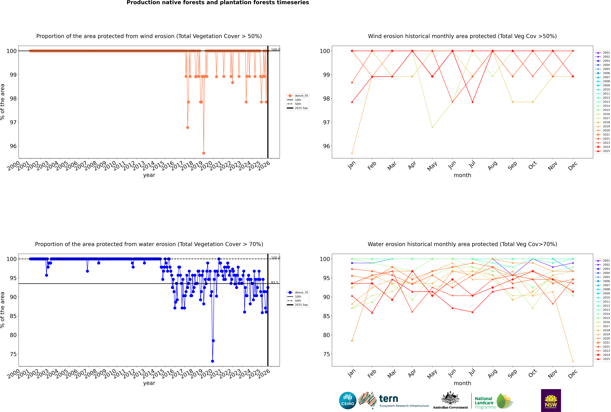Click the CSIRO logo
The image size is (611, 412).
348,400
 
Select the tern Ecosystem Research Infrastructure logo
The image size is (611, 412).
393,400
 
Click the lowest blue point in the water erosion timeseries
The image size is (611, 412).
213,361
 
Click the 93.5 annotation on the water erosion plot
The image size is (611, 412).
275,282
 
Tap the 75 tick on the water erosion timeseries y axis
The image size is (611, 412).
13,354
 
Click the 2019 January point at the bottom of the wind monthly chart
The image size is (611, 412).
352,153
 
